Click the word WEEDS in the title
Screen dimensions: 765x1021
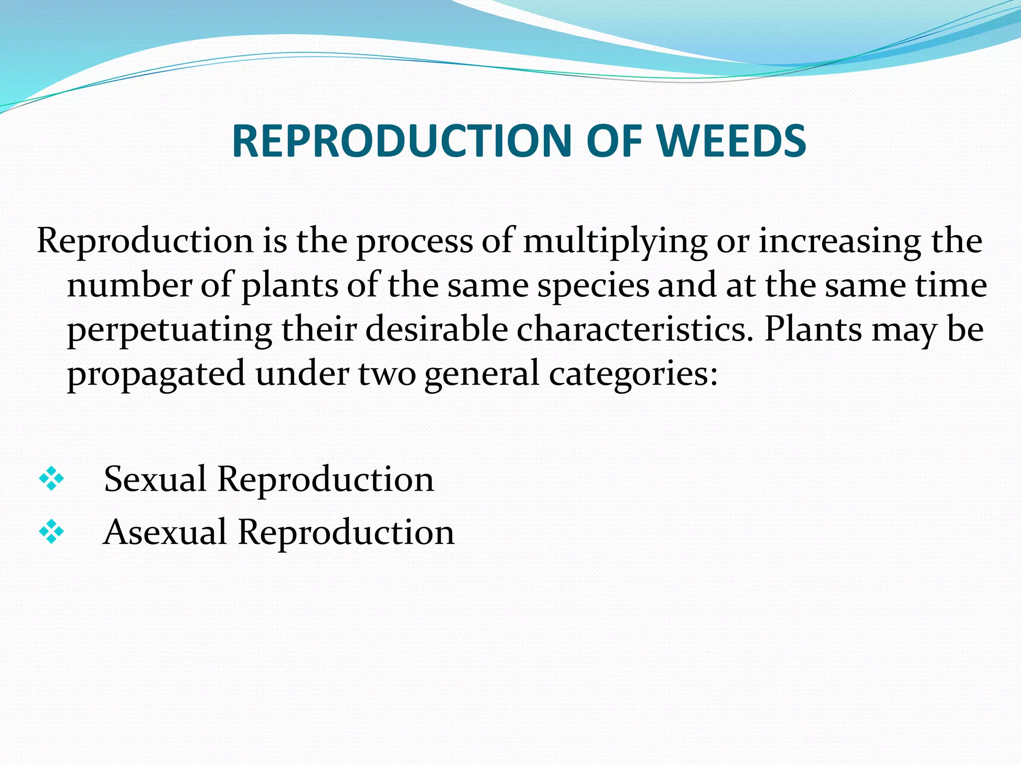click(731, 141)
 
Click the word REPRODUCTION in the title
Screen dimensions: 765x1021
click(401, 141)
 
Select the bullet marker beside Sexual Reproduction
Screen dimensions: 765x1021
click(51, 479)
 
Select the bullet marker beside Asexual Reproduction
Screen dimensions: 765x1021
click(51, 532)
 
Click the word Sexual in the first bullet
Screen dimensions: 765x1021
click(155, 479)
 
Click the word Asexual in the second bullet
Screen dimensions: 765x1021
click(165, 532)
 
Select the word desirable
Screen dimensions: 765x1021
click(436, 330)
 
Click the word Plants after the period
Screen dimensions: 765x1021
click(813, 330)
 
